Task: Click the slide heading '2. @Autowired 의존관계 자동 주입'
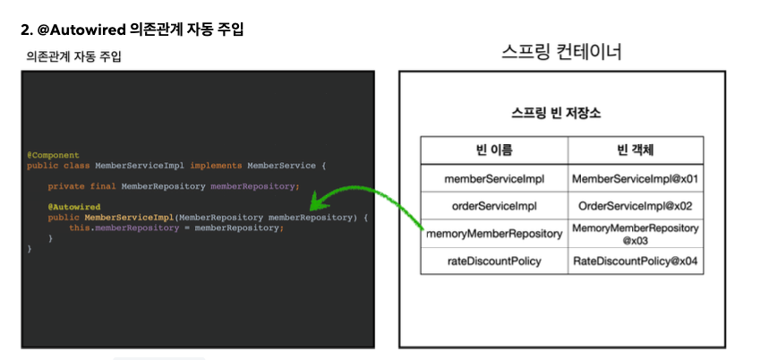click(132, 30)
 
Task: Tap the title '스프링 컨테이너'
click(562, 53)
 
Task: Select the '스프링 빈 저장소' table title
click(555, 114)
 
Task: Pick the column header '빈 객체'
click(635, 149)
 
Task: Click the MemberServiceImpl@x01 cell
click(635, 178)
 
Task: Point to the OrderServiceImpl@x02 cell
click(635, 206)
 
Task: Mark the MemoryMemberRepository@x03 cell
click(635, 234)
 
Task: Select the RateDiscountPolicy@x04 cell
click(635, 261)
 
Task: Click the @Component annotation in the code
click(53, 155)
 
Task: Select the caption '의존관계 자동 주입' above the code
click(73, 57)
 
